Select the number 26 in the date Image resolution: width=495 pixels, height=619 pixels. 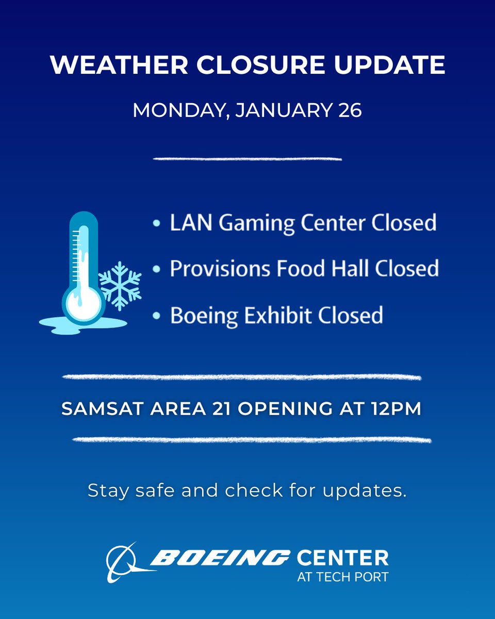(x=350, y=110)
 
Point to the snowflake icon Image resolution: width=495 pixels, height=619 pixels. (x=120, y=285)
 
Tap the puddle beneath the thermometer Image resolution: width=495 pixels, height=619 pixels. (x=82, y=324)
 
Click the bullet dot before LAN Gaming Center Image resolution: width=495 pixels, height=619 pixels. (x=156, y=223)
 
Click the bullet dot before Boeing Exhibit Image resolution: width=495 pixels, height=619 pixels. (x=156, y=315)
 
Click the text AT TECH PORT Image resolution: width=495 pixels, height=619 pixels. (x=342, y=576)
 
